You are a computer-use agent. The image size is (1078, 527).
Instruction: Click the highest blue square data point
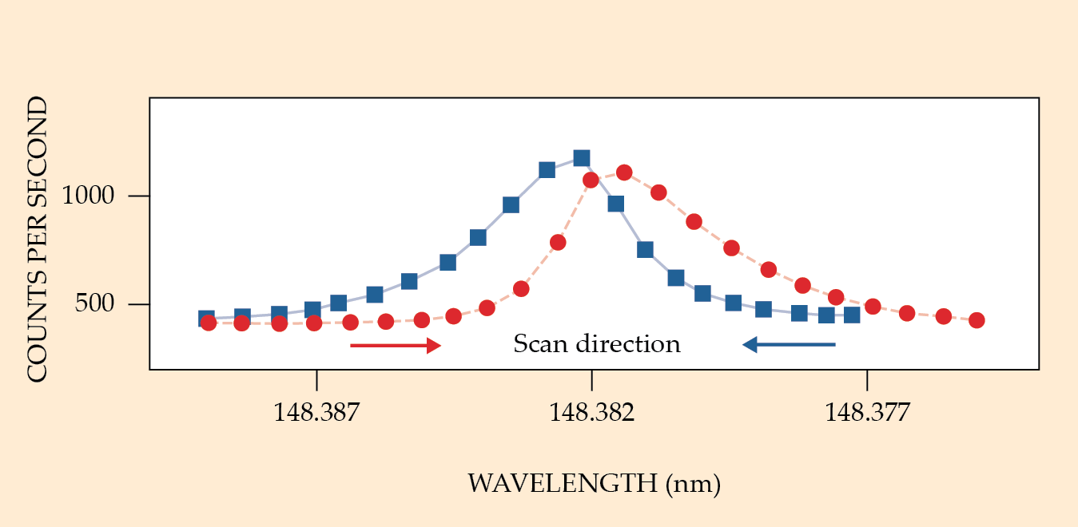582,158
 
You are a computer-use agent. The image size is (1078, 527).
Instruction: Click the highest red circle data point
624,172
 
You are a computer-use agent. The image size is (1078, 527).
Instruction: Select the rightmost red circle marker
976,320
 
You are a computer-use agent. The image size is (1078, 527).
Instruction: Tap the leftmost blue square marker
206,319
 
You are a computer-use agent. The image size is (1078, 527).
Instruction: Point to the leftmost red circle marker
209,323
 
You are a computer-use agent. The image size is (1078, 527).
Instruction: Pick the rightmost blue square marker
852,315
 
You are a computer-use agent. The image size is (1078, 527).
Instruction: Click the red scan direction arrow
396,345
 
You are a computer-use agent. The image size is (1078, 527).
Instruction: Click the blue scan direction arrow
790,344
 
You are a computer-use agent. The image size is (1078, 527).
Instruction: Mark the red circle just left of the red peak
591,180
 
